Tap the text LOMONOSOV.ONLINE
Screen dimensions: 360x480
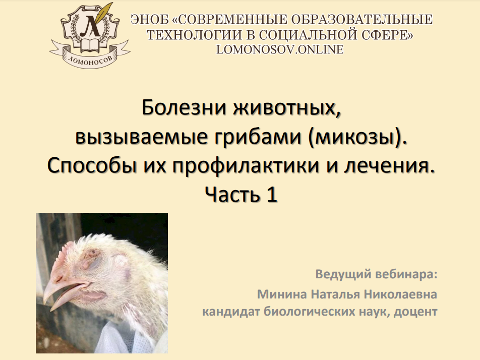(x=280, y=49)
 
